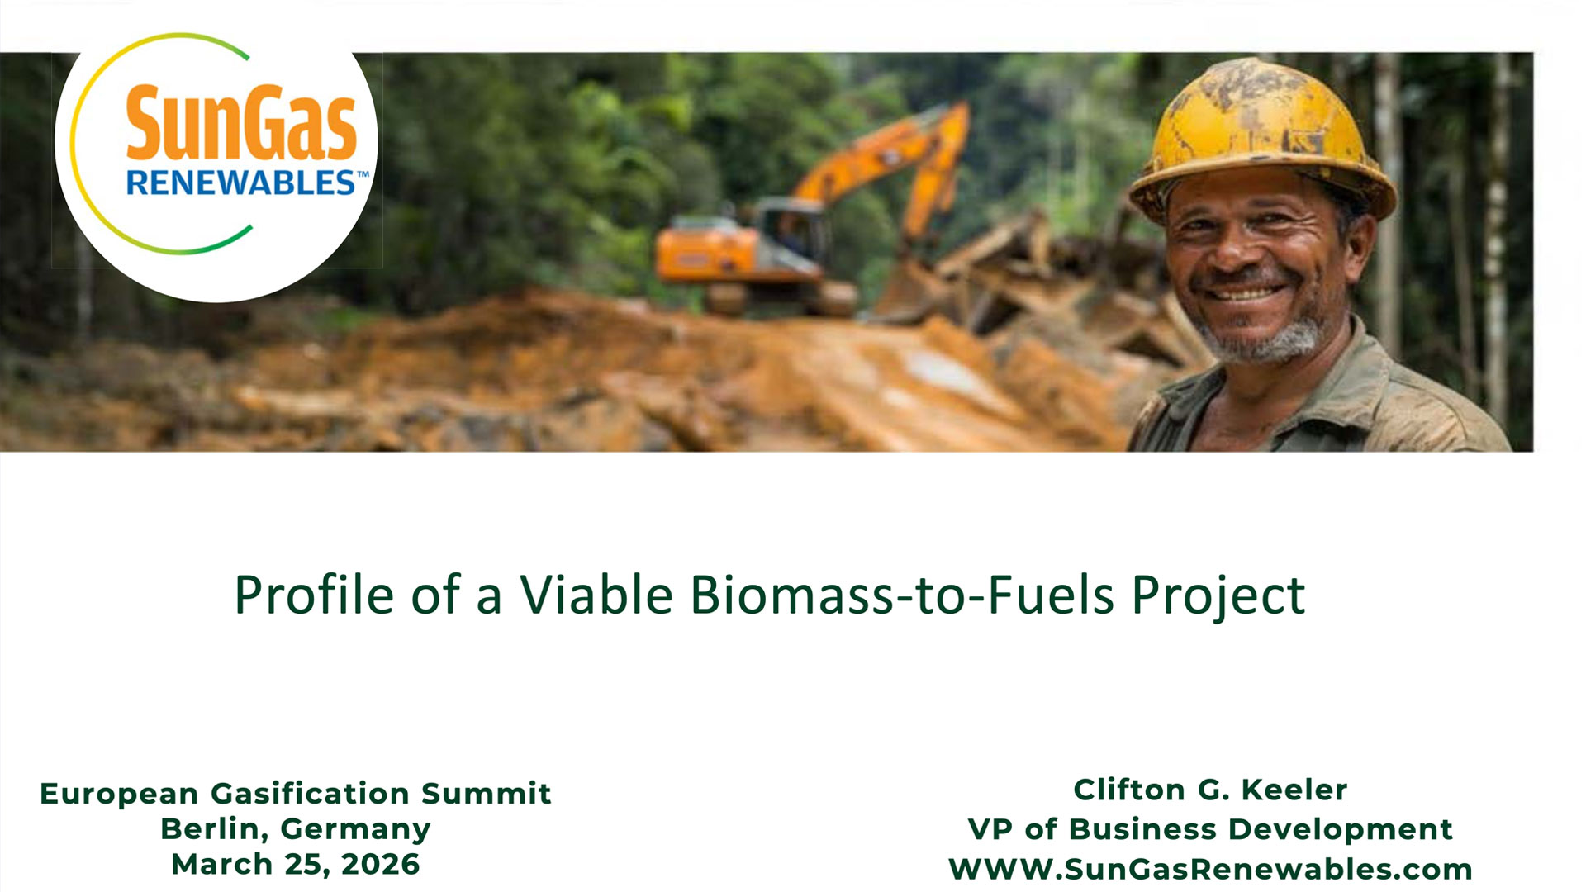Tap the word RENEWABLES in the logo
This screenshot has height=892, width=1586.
click(x=241, y=183)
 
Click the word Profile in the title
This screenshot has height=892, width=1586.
click(x=314, y=595)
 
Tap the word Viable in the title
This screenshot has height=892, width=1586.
click(x=596, y=595)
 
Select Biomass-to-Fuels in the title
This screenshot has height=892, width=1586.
click(x=903, y=595)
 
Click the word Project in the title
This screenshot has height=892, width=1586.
click(x=1218, y=596)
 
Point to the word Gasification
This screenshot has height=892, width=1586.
click(x=311, y=794)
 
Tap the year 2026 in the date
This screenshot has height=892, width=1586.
click(x=381, y=865)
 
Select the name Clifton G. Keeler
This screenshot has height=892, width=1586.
click(x=1210, y=790)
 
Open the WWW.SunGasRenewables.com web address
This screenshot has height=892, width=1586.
click(x=1210, y=869)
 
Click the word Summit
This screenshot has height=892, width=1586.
click(x=486, y=794)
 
